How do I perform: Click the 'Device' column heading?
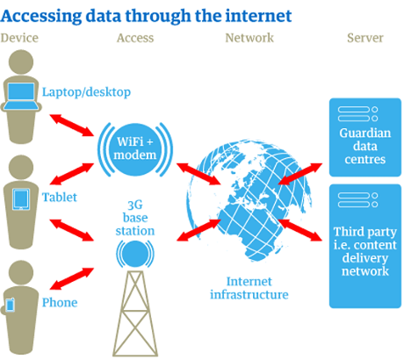(20, 38)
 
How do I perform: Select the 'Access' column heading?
(134, 38)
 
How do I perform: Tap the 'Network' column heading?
(249, 38)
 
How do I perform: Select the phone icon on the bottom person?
(11, 305)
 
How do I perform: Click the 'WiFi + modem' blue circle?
(135, 147)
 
